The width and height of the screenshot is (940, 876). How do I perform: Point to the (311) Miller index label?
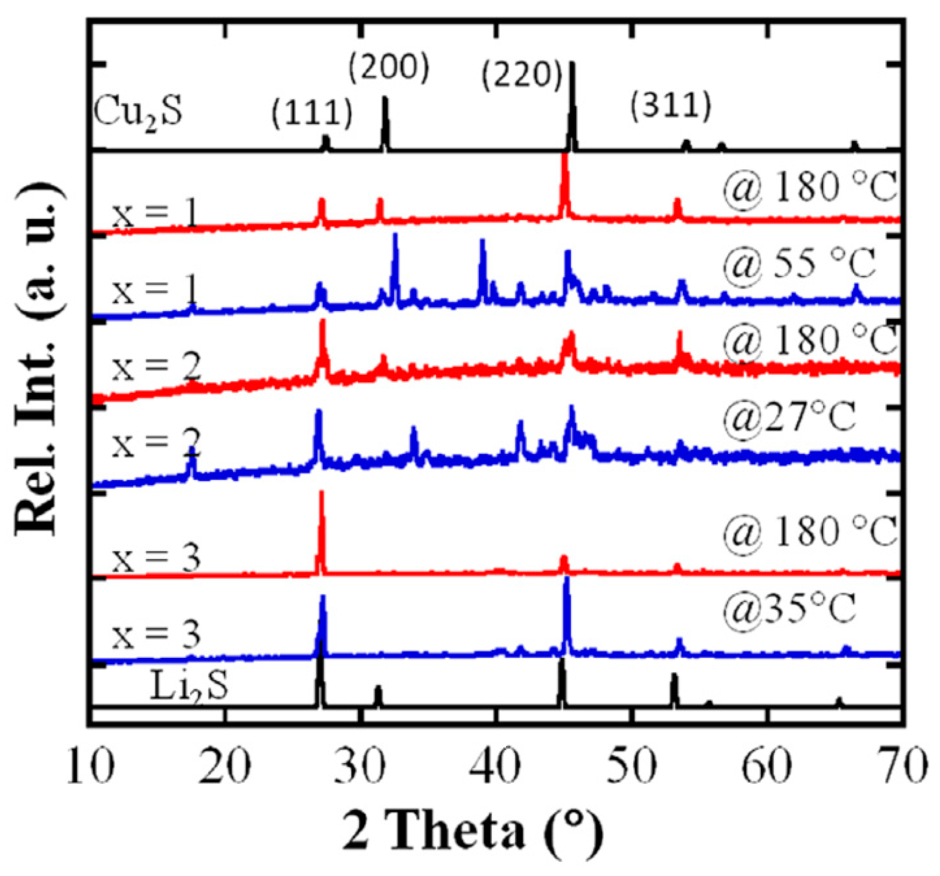(671, 107)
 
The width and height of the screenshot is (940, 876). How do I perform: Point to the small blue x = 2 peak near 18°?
(191, 461)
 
